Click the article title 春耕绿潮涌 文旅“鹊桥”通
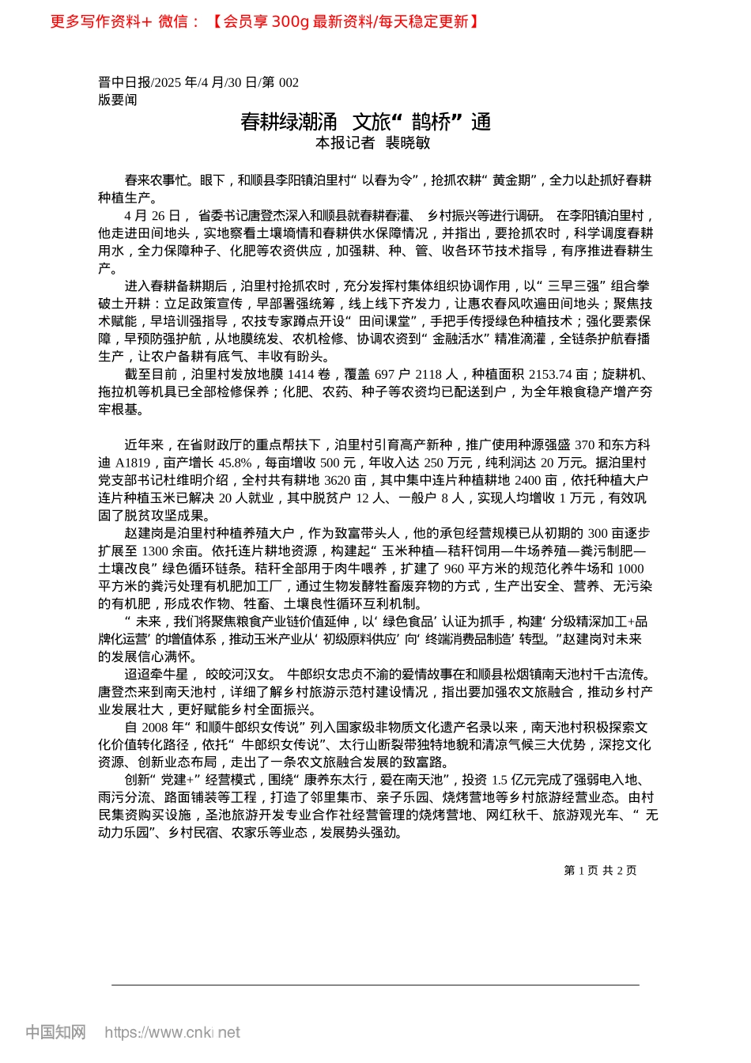(x=366, y=122)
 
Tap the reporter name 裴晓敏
(x=407, y=142)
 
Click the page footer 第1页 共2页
(x=600, y=870)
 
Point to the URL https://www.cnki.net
(x=172, y=1032)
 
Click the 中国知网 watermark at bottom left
(x=55, y=1032)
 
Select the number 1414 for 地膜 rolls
(x=300, y=375)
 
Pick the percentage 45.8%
(x=235, y=463)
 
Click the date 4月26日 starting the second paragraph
(x=153, y=216)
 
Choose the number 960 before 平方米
(x=454, y=569)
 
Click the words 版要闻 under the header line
(x=117, y=100)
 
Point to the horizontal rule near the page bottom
(x=375, y=985)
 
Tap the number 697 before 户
(x=384, y=375)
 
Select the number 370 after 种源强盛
(x=584, y=446)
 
